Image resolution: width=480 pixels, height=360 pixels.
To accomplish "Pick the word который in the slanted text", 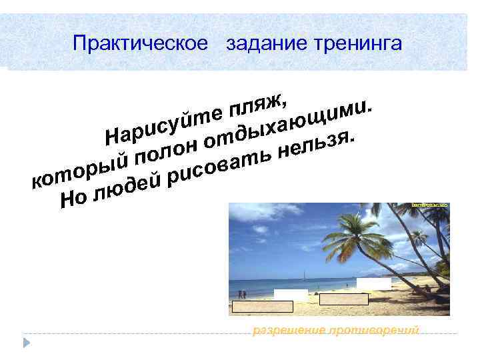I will tap(81, 169).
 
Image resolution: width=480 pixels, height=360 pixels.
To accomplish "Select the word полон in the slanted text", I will tap(167, 152).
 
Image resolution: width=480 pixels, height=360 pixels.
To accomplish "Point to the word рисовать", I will tap(220, 167).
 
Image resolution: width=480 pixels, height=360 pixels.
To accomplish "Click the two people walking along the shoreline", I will tap(242, 294).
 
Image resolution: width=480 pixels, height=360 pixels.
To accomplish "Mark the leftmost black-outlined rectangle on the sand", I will tap(262, 307).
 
